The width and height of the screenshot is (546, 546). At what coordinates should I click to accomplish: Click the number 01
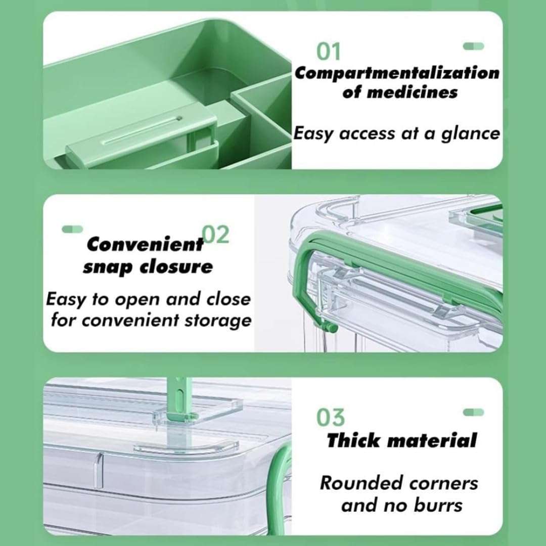(x=329, y=52)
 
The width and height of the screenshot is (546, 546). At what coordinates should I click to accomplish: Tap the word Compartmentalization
(x=397, y=73)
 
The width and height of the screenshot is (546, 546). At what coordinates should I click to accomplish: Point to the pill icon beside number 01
(x=473, y=46)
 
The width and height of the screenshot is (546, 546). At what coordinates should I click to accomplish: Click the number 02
(x=215, y=235)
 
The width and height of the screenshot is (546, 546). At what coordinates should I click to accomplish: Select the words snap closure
(x=148, y=266)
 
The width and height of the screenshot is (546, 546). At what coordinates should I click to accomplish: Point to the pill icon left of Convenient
(x=72, y=229)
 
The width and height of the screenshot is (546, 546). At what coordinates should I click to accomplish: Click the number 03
(x=331, y=418)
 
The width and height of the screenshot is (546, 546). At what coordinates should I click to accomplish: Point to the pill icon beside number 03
(x=473, y=412)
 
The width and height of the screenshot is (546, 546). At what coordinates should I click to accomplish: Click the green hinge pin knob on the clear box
(x=331, y=329)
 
